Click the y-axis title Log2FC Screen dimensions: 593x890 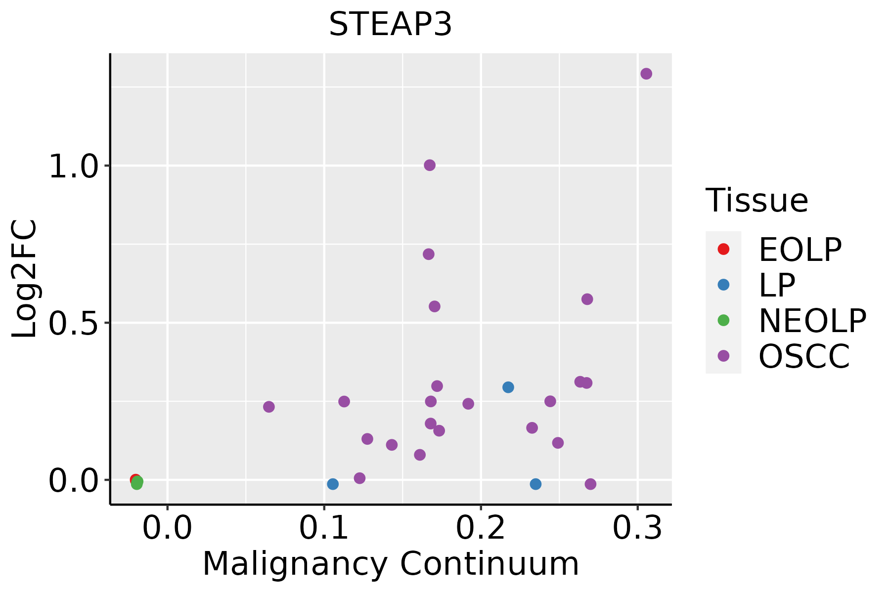coord(25,279)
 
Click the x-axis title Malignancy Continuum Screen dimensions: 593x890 coord(391,564)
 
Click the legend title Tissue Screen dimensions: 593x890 coord(756,201)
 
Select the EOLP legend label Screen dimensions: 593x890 coord(800,250)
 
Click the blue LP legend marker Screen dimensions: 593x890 coord(723,285)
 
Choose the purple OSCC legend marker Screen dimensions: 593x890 coord(723,356)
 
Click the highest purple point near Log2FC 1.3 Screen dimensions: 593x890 coord(646,74)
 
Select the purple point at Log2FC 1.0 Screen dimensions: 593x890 coord(430,165)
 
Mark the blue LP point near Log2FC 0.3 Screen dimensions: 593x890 coord(508,387)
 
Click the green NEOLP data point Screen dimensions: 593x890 coord(137,483)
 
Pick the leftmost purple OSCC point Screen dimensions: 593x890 coord(269,407)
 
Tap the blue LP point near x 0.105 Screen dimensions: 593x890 coord(333,484)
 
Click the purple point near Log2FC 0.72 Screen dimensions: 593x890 coord(429,254)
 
